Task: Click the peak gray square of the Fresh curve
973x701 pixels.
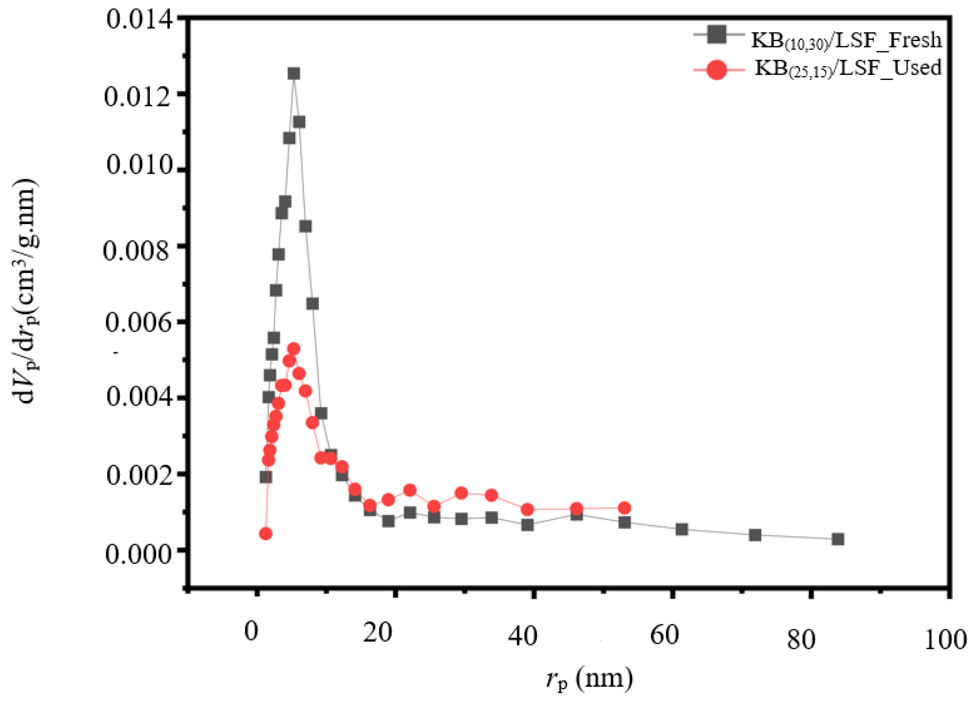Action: (x=294, y=74)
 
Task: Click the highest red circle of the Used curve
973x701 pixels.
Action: (x=294, y=349)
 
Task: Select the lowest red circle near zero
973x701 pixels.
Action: (x=266, y=534)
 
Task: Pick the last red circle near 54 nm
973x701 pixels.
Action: (x=625, y=508)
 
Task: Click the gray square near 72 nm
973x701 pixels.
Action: (x=755, y=535)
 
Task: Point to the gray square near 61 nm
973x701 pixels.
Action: (x=682, y=529)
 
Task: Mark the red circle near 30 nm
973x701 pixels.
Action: (x=461, y=493)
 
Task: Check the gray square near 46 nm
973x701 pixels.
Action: (x=577, y=515)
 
